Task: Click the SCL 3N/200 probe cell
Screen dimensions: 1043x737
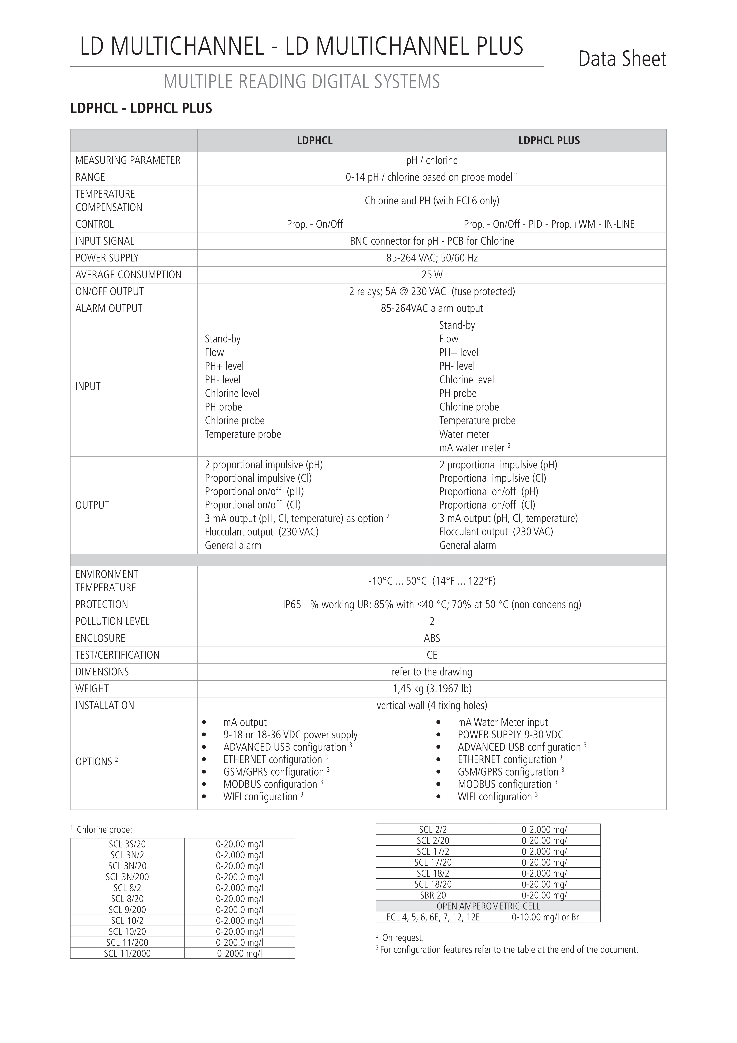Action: point(127,877)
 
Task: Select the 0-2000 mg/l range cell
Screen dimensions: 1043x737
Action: point(239,953)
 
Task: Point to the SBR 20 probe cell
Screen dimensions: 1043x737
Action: point(433,895)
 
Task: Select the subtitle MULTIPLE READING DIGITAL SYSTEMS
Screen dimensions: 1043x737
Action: point(302,82)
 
